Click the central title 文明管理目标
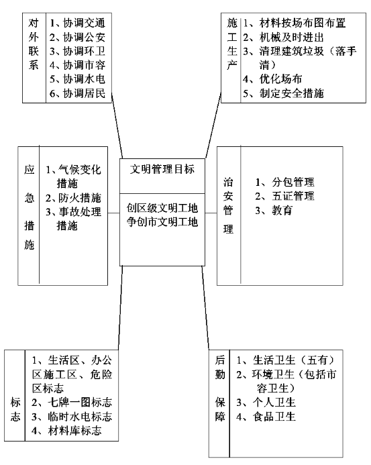[x=162, y=169]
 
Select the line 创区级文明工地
[x=162, y=208]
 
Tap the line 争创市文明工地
[x=162, y=222]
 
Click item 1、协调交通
[x=77, y=23]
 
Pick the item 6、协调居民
[x=77, y=93]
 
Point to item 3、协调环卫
[x=77, y=51]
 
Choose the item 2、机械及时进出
[x=283, y=38]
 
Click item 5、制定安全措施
[x=283, y=93]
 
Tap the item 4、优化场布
[x=272, y=79]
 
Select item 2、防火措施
[x=73, y=198]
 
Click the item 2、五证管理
[x=284, y=196]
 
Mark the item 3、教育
[x=274, y=210]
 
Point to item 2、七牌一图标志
[x=72, y=403]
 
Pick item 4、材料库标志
[x=66, y=431]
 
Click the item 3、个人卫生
[x=266, y=403]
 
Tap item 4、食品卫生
[x=266, y=417]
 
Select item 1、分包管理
[x=284, y=182]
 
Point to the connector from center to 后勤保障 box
[x=205, y=308]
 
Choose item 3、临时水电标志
[x=72, y=417]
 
